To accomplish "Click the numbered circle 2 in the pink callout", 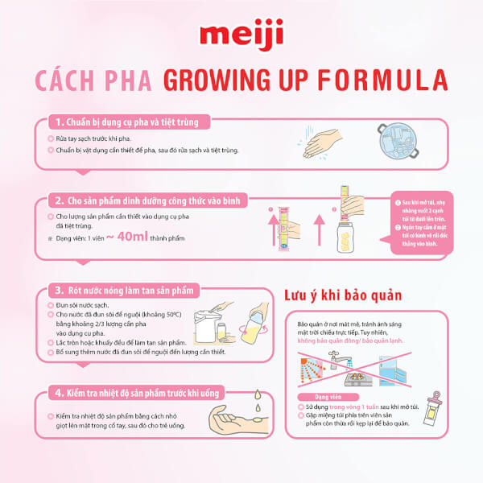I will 395,228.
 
